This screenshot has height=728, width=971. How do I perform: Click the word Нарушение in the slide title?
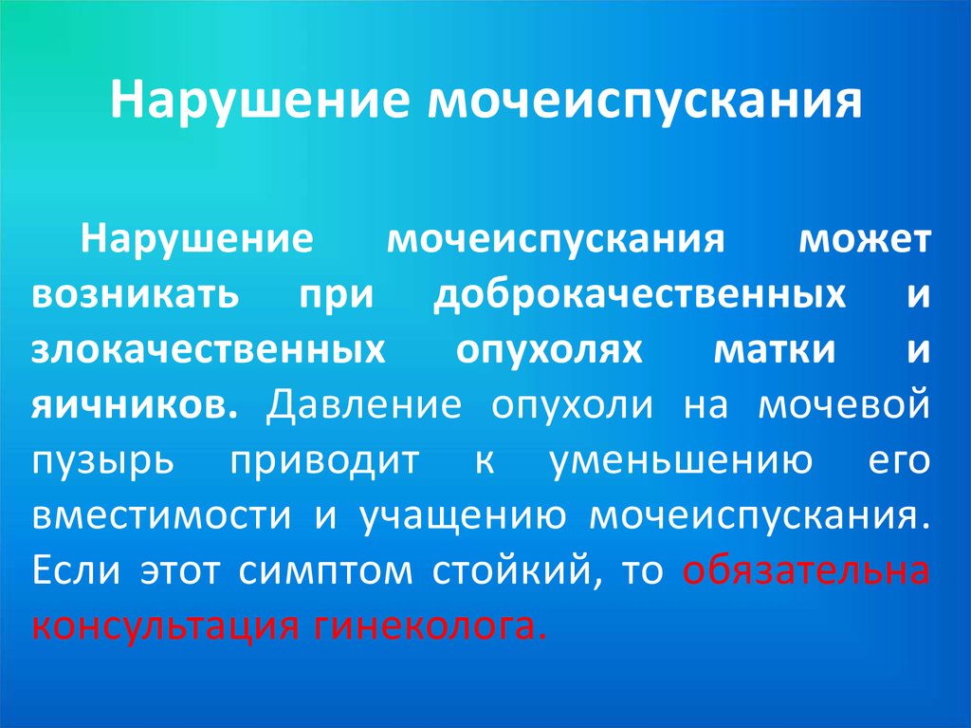(260, 100)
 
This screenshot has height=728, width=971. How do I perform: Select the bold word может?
(865, 239)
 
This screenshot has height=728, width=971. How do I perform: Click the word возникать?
(135, 294)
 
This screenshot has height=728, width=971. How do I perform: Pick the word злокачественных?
(208, 349)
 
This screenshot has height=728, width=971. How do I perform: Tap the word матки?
(775, 349)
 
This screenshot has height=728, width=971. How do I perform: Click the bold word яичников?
(135, 405)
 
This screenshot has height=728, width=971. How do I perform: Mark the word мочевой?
(844, 403)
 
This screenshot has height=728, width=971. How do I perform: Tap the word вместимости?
(161, 515)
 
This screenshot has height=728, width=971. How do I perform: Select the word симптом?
(325, 571)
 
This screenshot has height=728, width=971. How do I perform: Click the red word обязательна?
(806, 569)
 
